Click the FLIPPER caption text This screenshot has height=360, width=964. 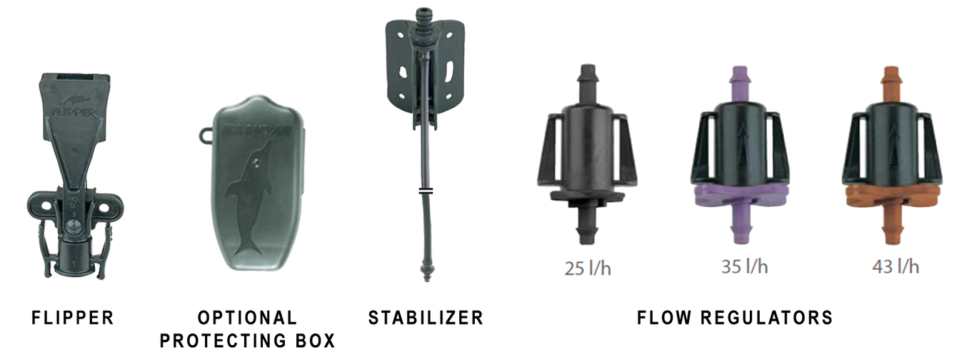(73, 318)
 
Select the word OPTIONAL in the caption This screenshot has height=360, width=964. (248, 318)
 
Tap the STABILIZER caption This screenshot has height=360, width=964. (426, 318)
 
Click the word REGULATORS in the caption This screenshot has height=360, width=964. (767, 318)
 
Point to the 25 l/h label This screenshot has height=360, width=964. (588, 269)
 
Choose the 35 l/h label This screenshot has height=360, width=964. (745, 266)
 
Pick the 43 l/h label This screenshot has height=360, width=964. (895, 266)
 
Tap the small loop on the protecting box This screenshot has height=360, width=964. (206, 135)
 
